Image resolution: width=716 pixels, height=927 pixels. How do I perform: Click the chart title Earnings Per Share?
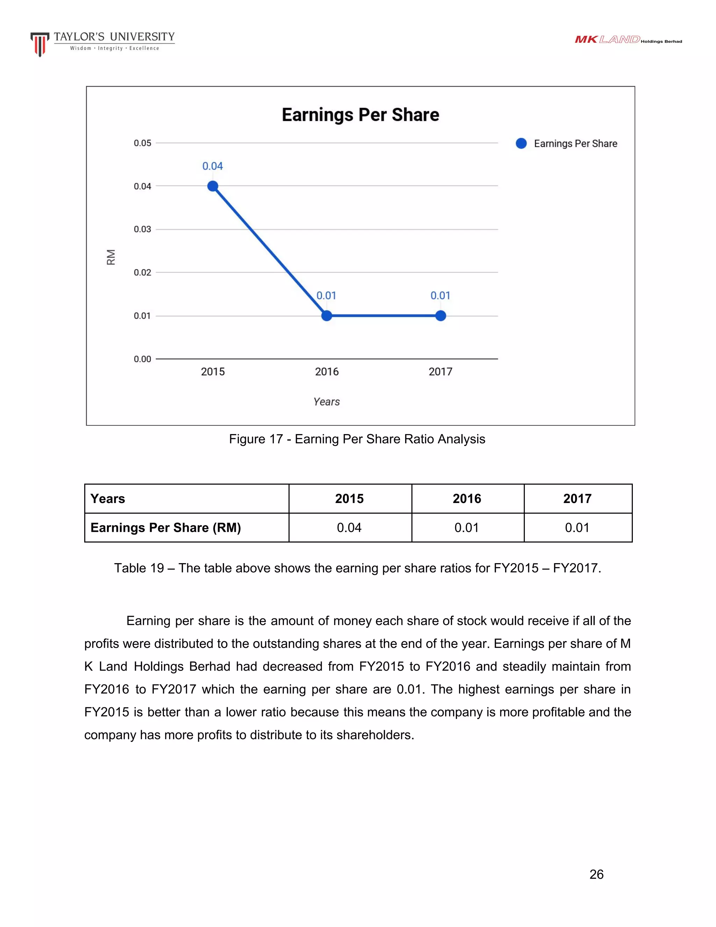360,115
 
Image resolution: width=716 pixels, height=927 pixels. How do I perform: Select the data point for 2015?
213,186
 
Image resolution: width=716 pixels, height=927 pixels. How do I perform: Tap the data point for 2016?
327,316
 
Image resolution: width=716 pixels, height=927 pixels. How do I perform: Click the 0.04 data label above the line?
213,166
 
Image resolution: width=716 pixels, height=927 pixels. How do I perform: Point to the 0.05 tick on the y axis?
143,143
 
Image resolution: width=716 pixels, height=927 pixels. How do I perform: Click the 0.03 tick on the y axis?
143,229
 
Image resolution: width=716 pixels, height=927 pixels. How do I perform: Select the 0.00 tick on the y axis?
143,359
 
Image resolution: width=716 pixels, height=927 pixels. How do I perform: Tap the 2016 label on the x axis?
327,372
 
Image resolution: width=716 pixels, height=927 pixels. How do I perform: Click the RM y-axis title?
111,257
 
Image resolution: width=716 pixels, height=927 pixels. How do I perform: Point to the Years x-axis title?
327,402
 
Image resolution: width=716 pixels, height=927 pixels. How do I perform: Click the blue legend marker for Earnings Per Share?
521,143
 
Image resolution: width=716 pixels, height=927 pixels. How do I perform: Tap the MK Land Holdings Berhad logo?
628,40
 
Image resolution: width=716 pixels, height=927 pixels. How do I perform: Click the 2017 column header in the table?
577,499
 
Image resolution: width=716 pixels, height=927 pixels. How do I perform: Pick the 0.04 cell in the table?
349,528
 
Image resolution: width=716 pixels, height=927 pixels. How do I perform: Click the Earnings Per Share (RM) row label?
166,528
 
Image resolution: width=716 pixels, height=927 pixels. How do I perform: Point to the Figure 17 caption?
357,439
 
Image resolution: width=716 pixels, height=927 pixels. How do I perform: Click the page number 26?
596,875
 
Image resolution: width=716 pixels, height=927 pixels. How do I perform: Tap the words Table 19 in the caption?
139,568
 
